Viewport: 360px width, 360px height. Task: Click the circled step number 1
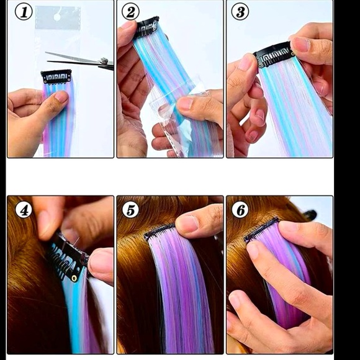tap(24, 12)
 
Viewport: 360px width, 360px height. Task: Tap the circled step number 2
tap(131, 12)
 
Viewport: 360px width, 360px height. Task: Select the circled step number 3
tap(240, 12)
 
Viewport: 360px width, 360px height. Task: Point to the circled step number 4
tap(24, 210)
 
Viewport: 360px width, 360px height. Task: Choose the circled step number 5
tap(131, 210)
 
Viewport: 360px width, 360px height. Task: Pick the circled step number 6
tap(240, 210)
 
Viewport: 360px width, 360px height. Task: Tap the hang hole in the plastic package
tap(57, 17)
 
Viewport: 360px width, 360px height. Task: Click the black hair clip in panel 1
tap(56, 76)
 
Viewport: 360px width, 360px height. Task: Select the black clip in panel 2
tap(146, 27)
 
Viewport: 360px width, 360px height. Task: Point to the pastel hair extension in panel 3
tap(298, 112)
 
